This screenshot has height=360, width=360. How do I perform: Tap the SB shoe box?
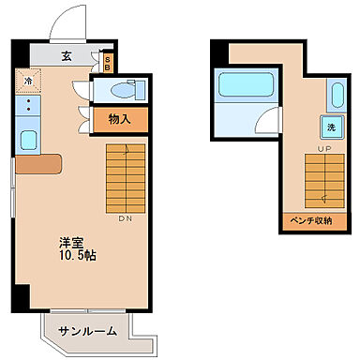click(x=108, y=64)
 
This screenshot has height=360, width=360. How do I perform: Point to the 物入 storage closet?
click(x=119, y=119)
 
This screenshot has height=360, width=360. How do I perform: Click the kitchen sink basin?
click(x=27, y=142)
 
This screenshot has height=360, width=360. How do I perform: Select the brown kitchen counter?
click(x=37, y=164)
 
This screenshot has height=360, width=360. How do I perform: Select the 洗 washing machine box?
click(x=332, y=127)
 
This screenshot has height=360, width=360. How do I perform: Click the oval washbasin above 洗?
click(x=337, y=94)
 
